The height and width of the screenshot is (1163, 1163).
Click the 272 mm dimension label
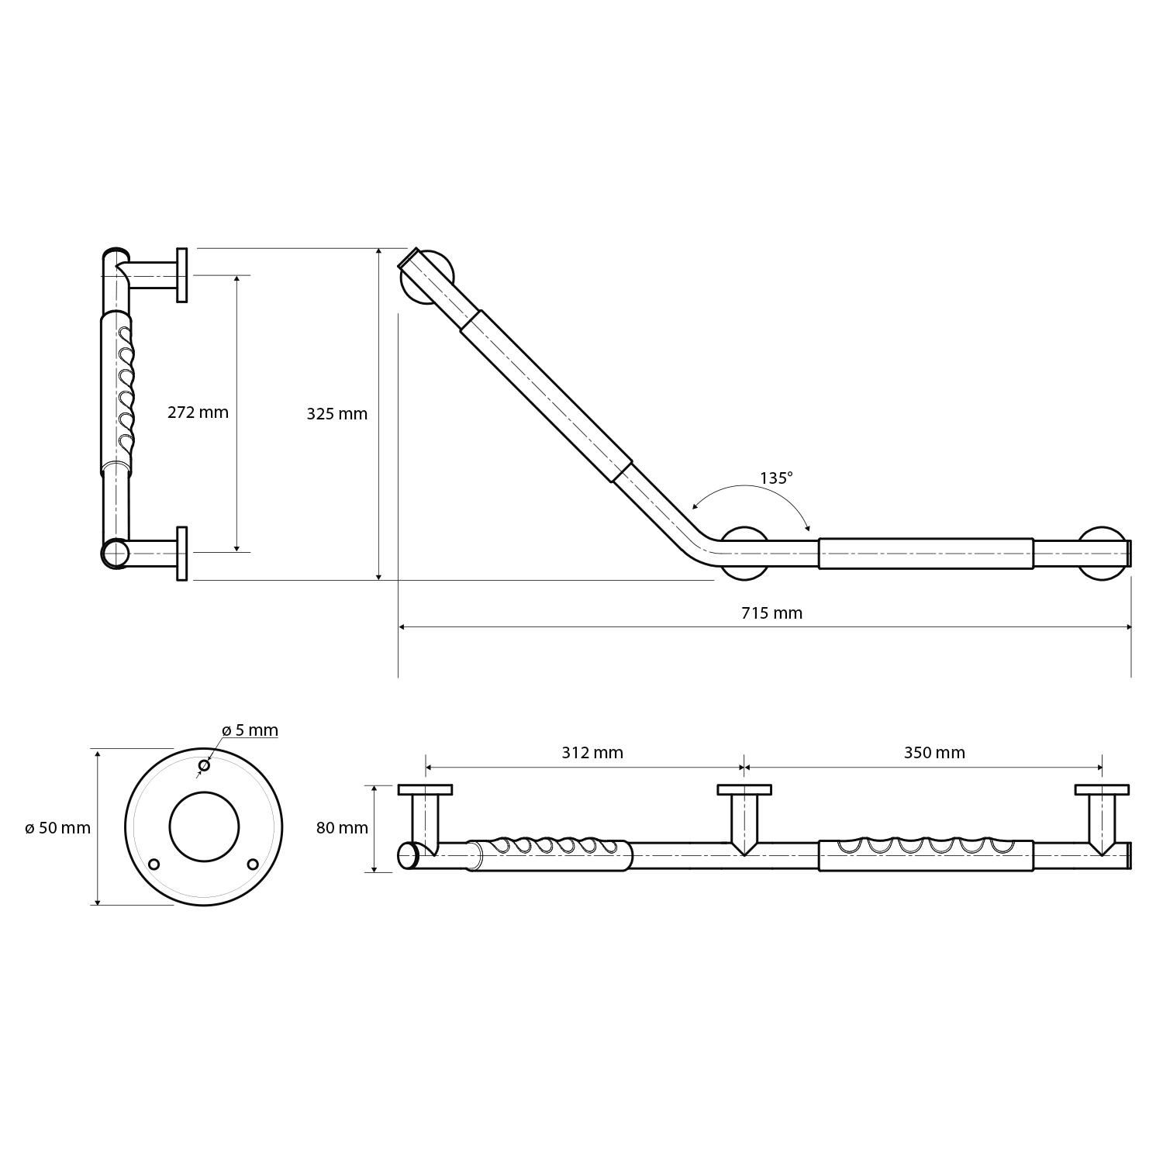198,412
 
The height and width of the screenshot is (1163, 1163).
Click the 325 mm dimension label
336,414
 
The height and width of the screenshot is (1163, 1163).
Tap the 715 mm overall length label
771,613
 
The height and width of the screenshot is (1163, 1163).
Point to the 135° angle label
776,478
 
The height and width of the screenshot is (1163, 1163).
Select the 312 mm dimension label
592,753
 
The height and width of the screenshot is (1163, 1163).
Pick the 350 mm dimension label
934,753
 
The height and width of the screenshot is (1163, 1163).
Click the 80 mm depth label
342,828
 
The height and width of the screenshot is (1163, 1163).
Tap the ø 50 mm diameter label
57,828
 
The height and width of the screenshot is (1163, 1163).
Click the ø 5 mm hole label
250,730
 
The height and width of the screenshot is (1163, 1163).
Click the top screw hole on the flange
204,766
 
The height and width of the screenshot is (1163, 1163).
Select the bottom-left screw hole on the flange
154,864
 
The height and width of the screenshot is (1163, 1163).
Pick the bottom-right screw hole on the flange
253,864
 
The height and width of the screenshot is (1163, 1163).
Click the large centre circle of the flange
204,827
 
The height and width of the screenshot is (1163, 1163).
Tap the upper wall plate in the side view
182,275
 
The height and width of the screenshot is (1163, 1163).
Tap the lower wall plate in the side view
182,553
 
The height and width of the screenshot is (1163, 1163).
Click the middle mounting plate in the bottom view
744,790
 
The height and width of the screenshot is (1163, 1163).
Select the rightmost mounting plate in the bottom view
1102,790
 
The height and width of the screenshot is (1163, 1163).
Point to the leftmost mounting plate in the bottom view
426,790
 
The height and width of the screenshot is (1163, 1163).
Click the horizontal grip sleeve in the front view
926,553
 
